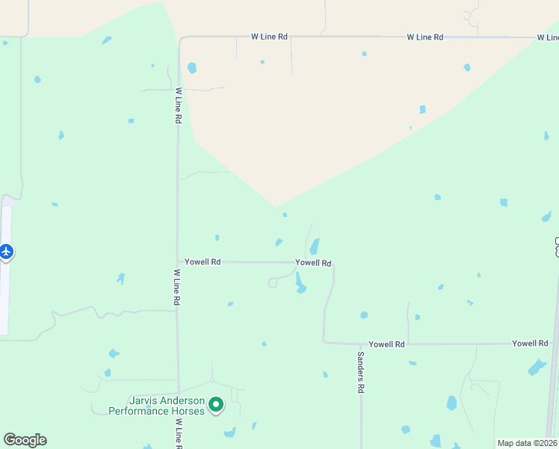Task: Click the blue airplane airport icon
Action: click(x=7, y=251)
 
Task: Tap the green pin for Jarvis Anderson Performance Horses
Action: click(x=216, y=405)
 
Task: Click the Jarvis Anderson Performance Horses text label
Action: click(x=156, y=406)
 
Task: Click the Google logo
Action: click(x=25, y=439)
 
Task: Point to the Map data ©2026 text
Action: click(x=527, y=443)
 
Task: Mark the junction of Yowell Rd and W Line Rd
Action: click(x=178, y=262)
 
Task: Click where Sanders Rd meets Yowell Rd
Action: click(x=361, y=343)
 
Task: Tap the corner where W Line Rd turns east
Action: click(x=180, y=38)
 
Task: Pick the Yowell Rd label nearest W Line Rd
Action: click(x=203, y=262)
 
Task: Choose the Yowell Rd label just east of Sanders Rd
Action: click(x=386, y=344)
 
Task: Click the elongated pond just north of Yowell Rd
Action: click(x=315, y=246)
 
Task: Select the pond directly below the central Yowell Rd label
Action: click(x=300, y=283)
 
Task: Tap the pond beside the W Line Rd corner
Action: click(x=192, y=68)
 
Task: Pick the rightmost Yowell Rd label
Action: click(x=530, y=343)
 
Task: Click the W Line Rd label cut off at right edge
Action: click(x=547, y=37)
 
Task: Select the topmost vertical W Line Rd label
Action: click(x=179, y=106)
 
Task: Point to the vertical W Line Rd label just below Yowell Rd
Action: click(x=177, y=287)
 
